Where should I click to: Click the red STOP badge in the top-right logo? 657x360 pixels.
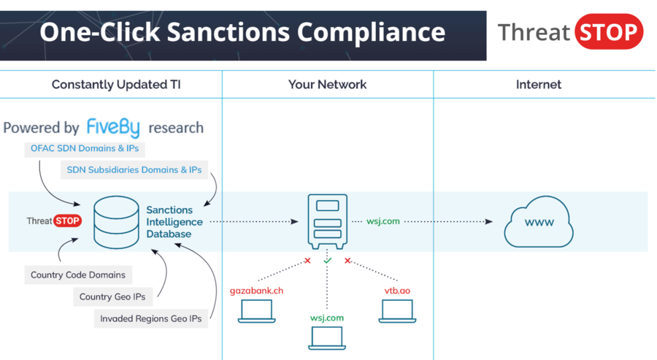[609, 32]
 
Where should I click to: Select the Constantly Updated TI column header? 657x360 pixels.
[116, 84]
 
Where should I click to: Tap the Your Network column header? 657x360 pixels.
[327, 84]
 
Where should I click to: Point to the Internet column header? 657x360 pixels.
[539, 84]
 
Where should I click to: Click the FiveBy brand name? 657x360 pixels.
[114, 127]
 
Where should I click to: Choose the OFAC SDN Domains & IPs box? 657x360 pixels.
[83, 149]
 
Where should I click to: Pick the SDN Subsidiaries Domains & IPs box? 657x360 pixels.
[134, 170]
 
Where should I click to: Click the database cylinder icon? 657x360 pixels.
[116, 221]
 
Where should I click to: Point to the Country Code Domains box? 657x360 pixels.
[78, 275]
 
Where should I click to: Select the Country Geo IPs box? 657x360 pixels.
[112, 297]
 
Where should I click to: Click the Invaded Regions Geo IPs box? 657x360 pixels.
[151, 318]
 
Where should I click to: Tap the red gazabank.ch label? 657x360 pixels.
[256, 291]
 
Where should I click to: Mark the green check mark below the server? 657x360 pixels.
[327, 260]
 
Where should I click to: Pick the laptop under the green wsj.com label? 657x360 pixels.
[327, 337]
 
